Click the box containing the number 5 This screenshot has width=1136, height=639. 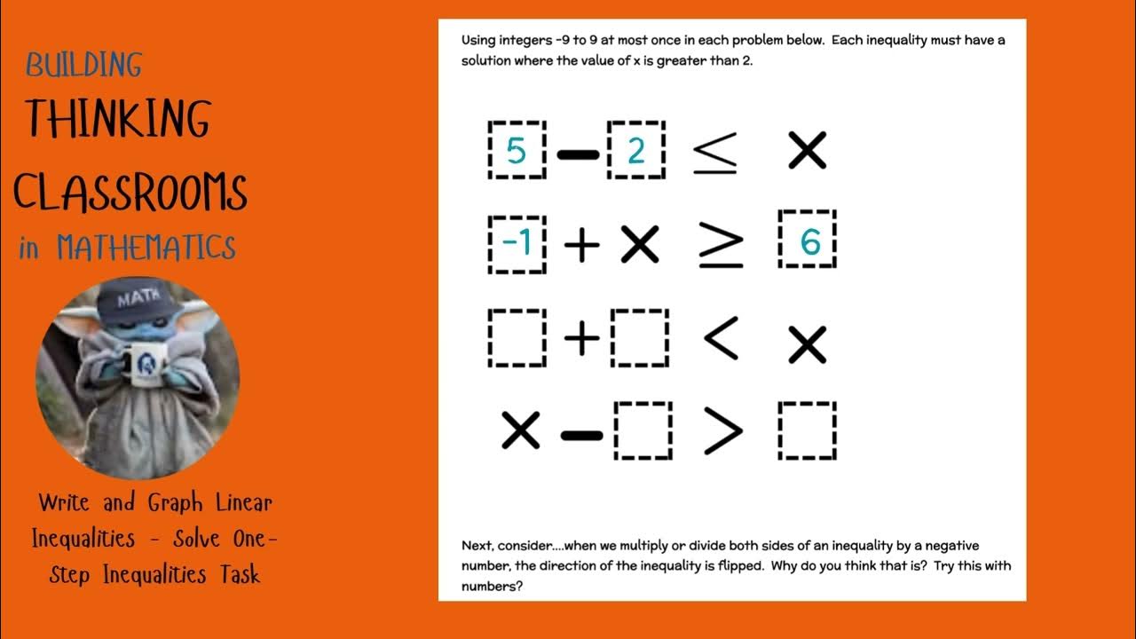click(517, 151)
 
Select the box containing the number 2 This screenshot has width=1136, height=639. click(636, 151)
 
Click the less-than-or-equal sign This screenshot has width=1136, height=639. click(715, 152)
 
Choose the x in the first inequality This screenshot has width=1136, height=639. click(807, 151)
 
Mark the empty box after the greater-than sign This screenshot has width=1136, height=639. click(808, 431)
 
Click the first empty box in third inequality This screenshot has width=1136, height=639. click(517, 338)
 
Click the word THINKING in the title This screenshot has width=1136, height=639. click(117, 118)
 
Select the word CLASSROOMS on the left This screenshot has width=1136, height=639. click(130, 191)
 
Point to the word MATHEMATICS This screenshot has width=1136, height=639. click(146, 247)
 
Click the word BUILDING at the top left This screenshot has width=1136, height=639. click(83, 65)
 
